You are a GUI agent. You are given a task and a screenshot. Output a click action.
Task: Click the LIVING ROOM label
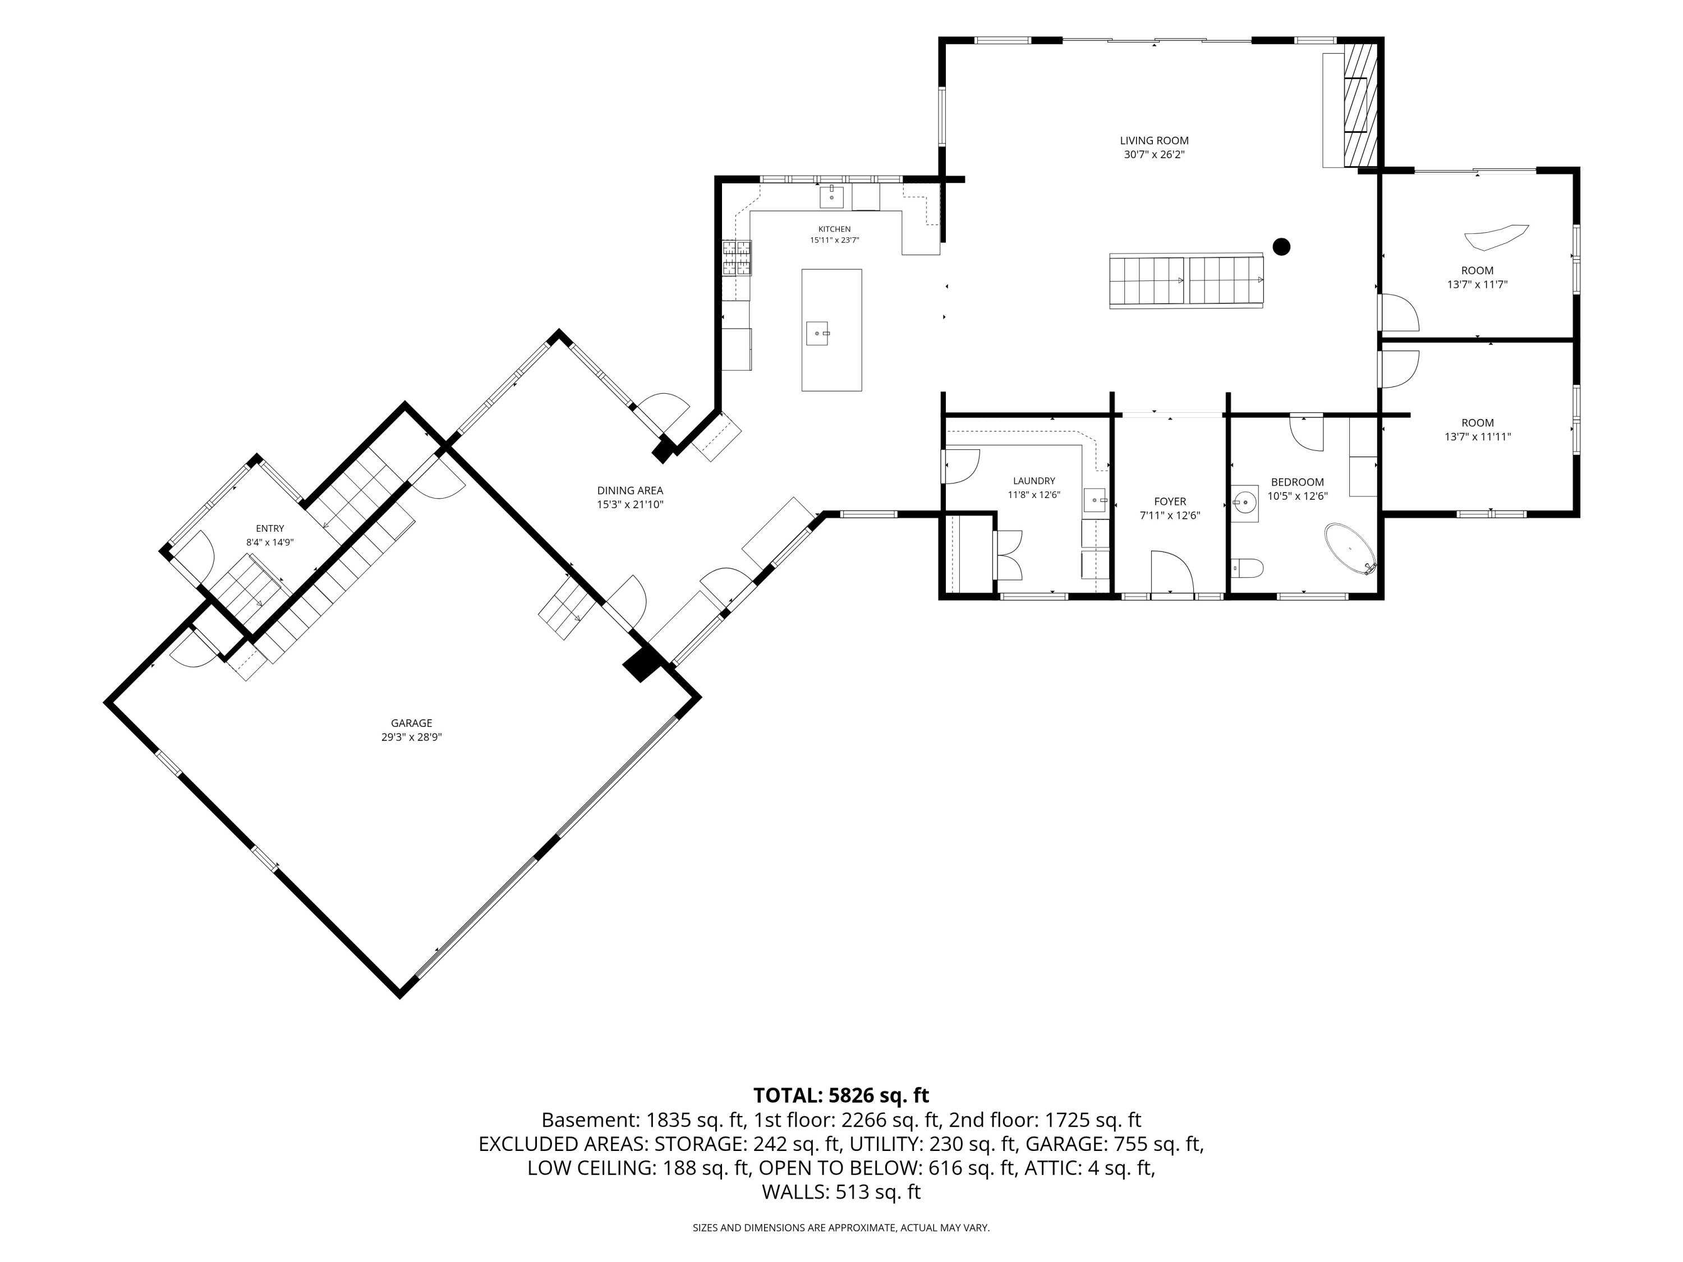[x=1153, y=141]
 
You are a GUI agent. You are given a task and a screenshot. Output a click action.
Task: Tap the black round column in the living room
[x=1281, y=246]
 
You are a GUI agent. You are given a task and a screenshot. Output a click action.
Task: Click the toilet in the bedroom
[x=1247, y=568]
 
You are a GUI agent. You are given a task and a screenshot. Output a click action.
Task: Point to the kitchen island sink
[x=817, y=333]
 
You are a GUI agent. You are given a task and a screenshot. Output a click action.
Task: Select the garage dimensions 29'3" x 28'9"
[x=412, y=737]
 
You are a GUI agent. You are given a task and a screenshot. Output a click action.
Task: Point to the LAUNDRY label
[x=1034, y=481]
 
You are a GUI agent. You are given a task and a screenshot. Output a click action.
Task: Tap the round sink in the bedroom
[x=1245, y=502]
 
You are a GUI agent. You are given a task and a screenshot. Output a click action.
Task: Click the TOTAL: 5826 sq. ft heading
[x=841, y=1095]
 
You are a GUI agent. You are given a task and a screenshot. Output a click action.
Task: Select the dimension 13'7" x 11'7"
[x=1477, y=284]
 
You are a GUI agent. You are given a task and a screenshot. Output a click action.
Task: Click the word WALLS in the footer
[x=794, y=1192]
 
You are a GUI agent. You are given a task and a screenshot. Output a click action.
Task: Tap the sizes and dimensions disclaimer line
[x=841, y=1228]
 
